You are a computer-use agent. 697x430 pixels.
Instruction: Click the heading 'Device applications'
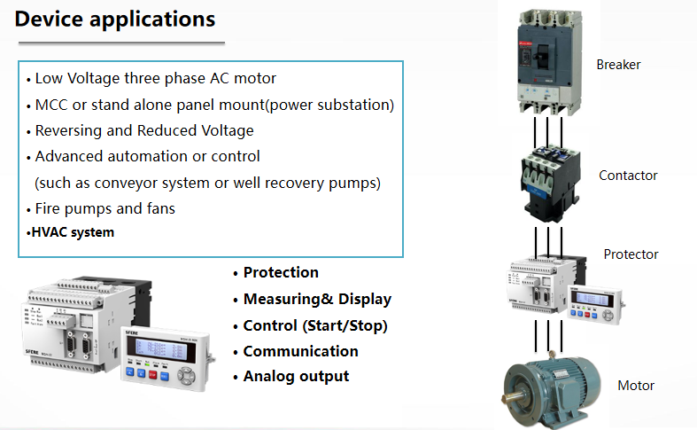pyautogui.click(x=115, y=19)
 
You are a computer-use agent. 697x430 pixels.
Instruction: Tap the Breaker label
pyautogui.click(x=618, y=65)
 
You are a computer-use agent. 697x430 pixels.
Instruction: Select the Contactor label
pyautogui.click(x=628, y=176)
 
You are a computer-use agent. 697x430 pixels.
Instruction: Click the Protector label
pyautogui.click(x=631, y=254)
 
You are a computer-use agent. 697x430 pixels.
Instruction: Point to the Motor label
pyautogui.click(x=636, y=386)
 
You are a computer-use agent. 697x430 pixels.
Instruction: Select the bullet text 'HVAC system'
pyautogui.click(x=73, y=233)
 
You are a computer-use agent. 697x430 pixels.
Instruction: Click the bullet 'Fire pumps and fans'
pyautogui.click(x=105, y=209)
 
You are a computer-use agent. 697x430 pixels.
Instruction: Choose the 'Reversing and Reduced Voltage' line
pyautogui.click(x=143, y=131)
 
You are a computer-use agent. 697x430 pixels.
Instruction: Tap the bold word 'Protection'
pyautogui.click(x=281, y=273)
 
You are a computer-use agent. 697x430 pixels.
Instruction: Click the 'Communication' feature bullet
pyautogui.click(x=300, y=351)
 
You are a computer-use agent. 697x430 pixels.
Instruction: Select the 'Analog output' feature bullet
pyautogui.click(x=296, y=377)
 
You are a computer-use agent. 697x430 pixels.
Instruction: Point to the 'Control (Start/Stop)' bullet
pyautogui.click(x=315, y=325)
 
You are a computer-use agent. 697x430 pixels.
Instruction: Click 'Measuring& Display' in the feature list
pyautogui.click(x=317, y=300)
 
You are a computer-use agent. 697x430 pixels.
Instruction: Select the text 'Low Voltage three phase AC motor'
pyautogui.click(x=155, y=79)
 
